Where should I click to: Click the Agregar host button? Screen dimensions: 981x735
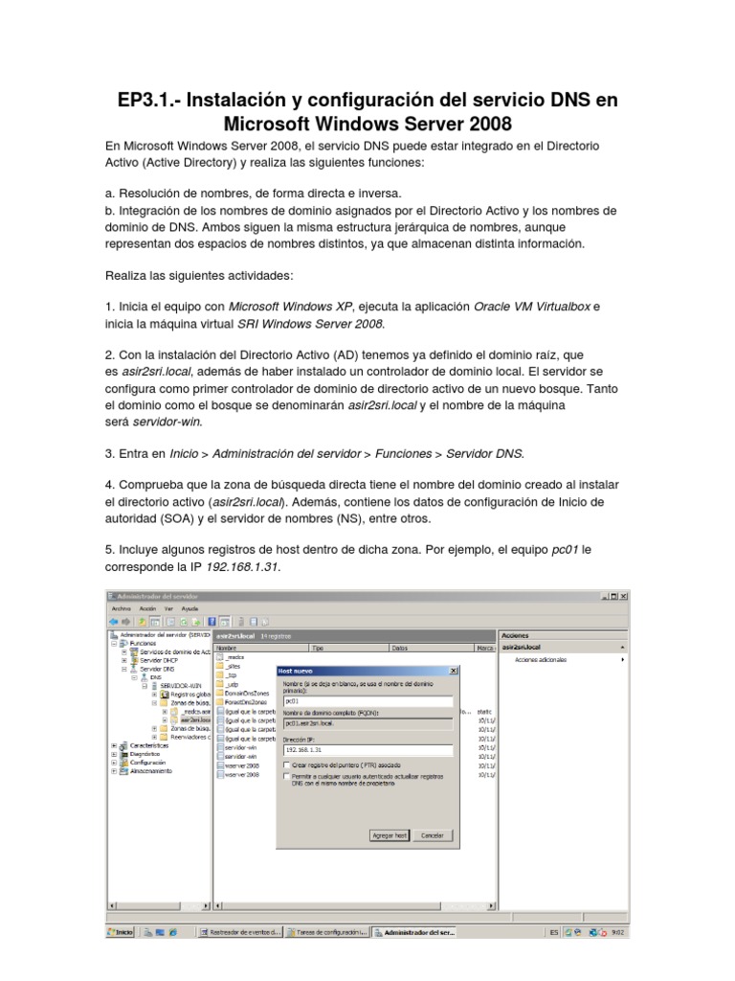coord(389,835)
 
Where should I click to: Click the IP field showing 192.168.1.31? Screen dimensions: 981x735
coord(367,750)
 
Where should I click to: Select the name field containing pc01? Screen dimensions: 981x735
coord(367,700)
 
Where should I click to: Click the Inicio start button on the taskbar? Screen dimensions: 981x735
coord(120,931)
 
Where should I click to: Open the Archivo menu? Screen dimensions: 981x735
coord(121,608)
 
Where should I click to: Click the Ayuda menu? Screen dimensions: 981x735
coord(190,608)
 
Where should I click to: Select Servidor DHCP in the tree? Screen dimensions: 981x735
coord(151,660)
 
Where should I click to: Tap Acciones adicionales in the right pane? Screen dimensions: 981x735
coord(541,660)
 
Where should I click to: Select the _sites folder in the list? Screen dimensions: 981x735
coord(234,666)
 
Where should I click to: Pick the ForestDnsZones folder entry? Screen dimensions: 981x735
coord(243,702)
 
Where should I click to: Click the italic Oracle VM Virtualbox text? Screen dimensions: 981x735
coord(532,307)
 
